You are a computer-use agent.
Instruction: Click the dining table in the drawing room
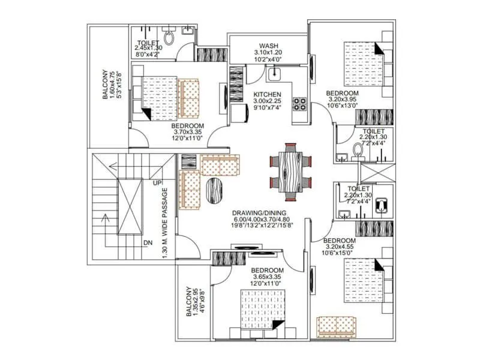(292, 170)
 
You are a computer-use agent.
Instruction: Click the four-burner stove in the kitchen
(299, 104)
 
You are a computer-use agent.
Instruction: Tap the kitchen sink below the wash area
(275, 74)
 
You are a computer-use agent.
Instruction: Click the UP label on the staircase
(158, 182)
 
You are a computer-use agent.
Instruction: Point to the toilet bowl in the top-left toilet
(170, 39)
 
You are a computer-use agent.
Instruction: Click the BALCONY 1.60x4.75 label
(108, 83)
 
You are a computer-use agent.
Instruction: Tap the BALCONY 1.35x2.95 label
(191, 300)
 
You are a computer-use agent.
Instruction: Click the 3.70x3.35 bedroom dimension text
(155, 133)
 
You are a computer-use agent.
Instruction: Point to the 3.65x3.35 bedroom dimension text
(267, 277)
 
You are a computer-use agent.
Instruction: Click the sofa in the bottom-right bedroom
(337, 325)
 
